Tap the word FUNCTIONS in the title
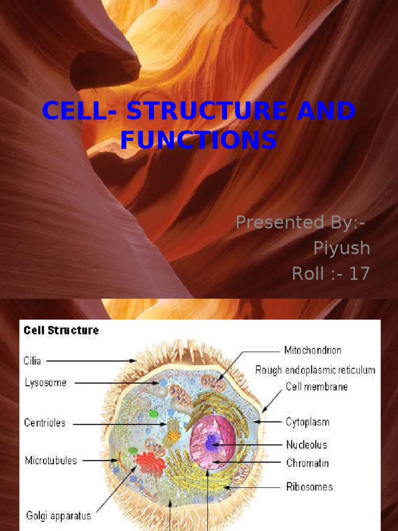click(198, 140)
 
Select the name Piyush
click(342, 248)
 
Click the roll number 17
click(359, 273)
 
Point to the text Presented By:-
click(300, 222)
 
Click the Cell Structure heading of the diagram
click(61, 330)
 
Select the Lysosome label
click(46, 383)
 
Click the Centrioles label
click(45, 423)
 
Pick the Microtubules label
click(51, 460)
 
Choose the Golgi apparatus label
click(59, 515)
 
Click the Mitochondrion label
click(313, 351)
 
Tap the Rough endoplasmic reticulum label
click(315, 370)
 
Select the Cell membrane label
click(317, 387)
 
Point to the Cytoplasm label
click(307, 422)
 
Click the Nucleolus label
click(307, 445)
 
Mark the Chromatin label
click(307, 463)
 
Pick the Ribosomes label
click(309, 487)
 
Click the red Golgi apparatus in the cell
click(150, 462)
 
